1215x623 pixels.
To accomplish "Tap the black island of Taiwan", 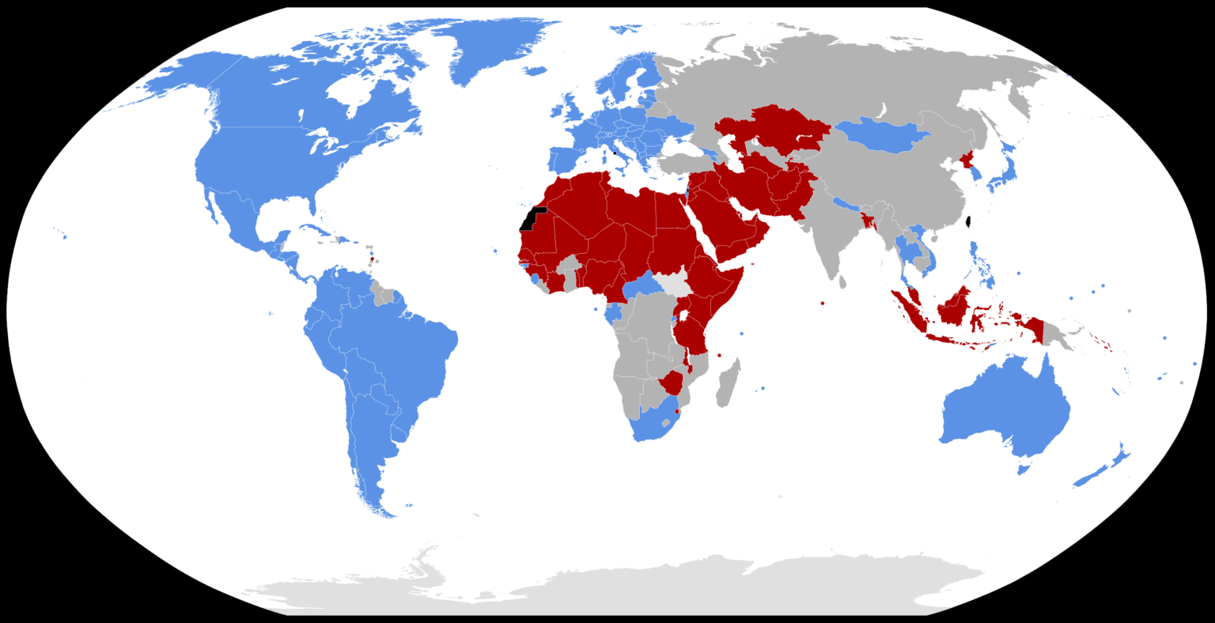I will pyautogui.click(x=970, y=223).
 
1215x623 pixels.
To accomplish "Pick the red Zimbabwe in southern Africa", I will pyautogui.click(x=675, y=383).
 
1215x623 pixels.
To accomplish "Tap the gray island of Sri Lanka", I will pyautogui.click(x=842, y=281).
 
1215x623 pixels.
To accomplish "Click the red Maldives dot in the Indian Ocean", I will pyautogui.click(x=823, y=303).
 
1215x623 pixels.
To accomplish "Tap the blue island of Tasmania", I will pyautogui.click(x=1023, y=470).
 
